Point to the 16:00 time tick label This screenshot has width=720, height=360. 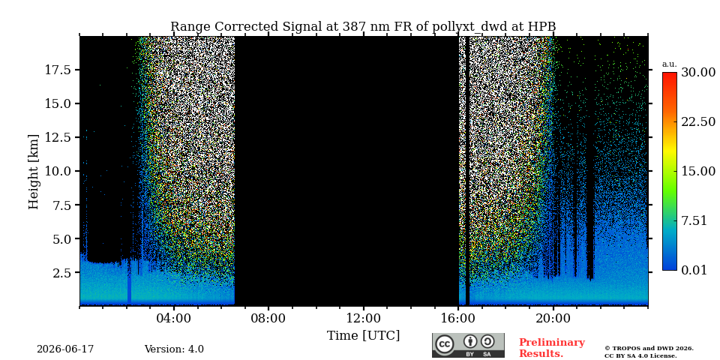click(458, 318)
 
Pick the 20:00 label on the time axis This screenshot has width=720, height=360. click(553, 318)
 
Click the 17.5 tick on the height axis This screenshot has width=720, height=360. click(58, 70)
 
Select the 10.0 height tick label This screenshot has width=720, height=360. click(58, 171)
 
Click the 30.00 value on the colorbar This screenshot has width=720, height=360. click(698, 73)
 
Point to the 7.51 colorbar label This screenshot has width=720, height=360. click(694, 220)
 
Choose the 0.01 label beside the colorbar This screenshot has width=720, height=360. click(694, 270)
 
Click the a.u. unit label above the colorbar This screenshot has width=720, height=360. click(670, 64)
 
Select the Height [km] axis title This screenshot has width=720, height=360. click(34, 172)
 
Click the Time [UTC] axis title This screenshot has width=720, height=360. click(363, 336)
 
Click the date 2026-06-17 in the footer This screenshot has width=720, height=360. click(65, 349)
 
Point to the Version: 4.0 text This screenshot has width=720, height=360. click(174, 349)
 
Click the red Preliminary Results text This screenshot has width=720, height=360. click(552, 348)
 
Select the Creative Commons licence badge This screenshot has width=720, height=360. click(468, 345)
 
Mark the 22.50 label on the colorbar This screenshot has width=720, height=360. click(698, 122)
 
